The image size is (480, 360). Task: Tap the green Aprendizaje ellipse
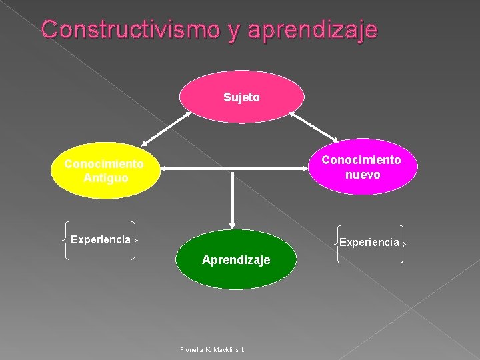pos(235,260)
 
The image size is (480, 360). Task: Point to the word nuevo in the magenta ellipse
pos(363,175)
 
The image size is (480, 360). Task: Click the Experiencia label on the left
pos(101,239)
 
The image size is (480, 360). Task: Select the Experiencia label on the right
pos(369,242)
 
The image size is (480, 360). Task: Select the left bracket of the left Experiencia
pos(64,239)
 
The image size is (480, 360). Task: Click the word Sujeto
pos(242,97)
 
